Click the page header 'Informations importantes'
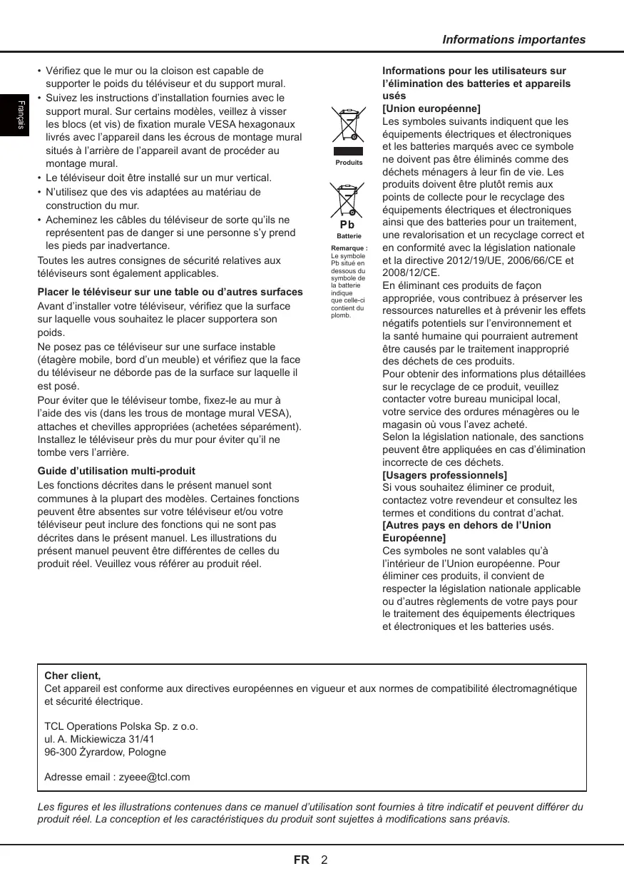click(513, 40)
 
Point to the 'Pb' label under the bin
click(348, 226)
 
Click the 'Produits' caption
click(349, 163)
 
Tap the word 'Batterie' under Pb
click(349, 236)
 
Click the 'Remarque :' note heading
click(349, 248)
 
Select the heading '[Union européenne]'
click(431, 108)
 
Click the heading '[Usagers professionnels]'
click(444, 475)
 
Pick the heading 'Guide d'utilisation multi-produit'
click(116, 471)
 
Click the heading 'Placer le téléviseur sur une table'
click(170, 292)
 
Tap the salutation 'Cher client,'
click(73, 675)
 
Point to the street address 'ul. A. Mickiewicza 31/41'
click(99, 740)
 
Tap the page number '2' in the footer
click(324, 860)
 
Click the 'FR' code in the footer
click(302, 860)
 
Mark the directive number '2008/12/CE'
click(411, 273)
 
